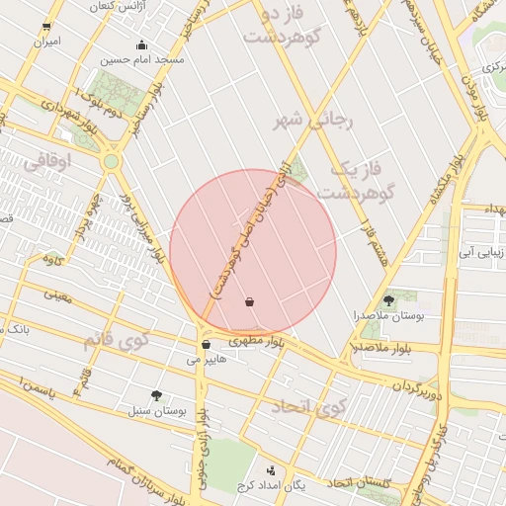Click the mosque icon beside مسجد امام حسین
[x=142, y=44]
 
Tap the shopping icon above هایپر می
[x=206, y=345]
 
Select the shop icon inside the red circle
[x=249, y=301]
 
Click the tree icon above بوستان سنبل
[x=156, y=394]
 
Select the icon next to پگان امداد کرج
[x=271, y=469]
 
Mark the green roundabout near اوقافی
[x=112, y=161]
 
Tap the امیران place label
[x=46, y=42]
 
